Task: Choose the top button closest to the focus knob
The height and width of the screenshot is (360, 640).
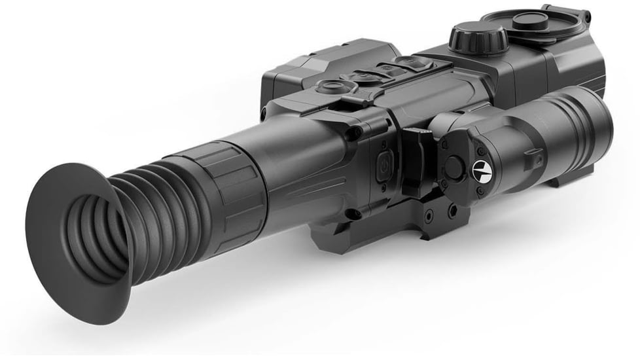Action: tap(413, 63)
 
